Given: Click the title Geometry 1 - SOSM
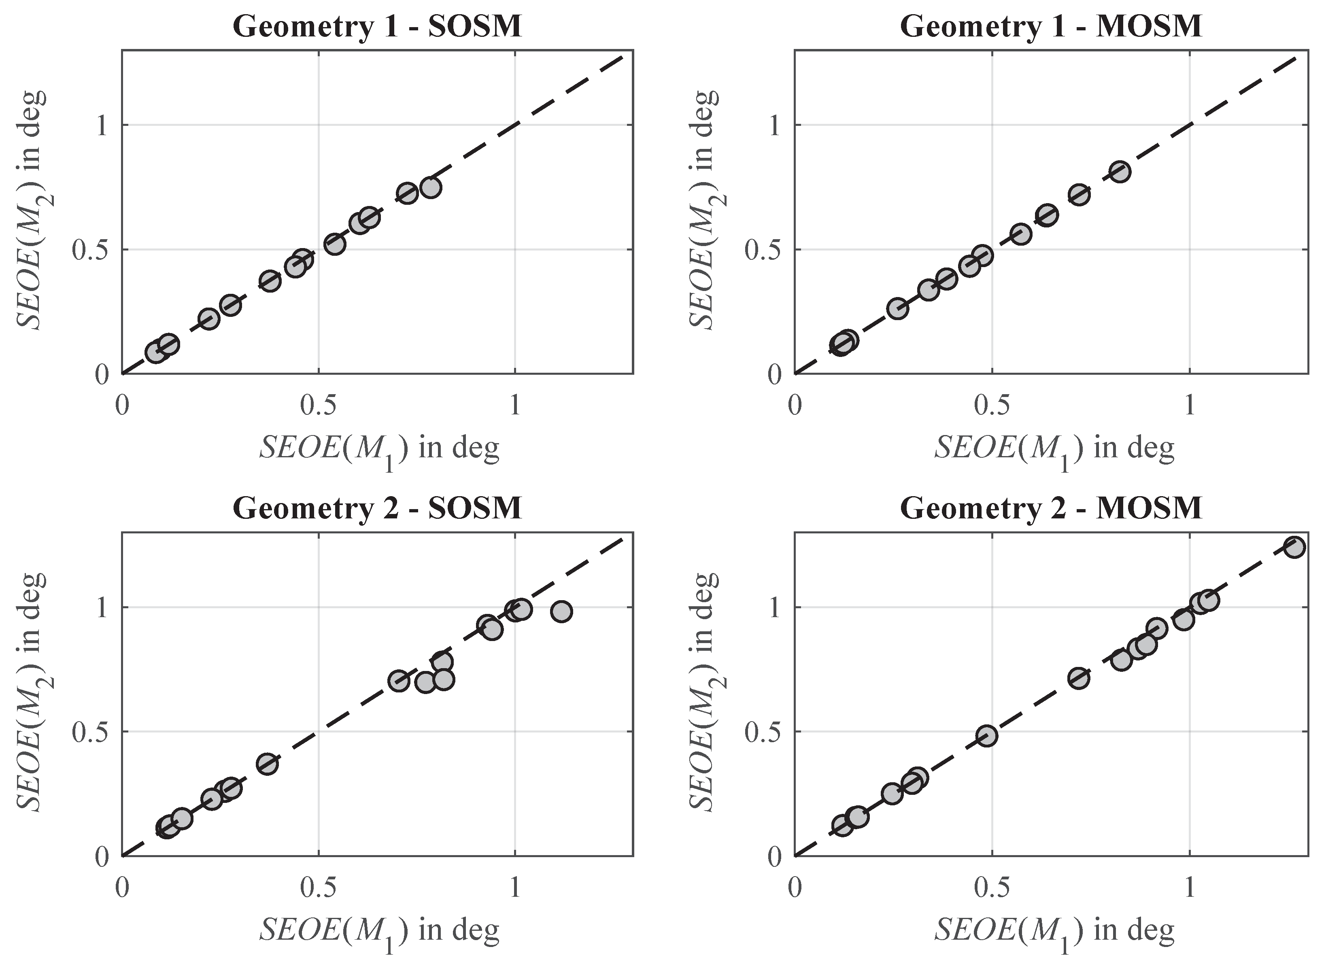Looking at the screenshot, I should [377, 26].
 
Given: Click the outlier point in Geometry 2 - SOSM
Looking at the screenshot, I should [561, 611].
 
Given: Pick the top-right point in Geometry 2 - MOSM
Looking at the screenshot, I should [1294, 547].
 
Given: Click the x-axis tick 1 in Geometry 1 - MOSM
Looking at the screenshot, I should [1189, 405].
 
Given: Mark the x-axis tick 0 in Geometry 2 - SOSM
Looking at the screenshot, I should [122, 887].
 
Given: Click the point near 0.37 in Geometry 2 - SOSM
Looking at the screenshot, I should [267, 764].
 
